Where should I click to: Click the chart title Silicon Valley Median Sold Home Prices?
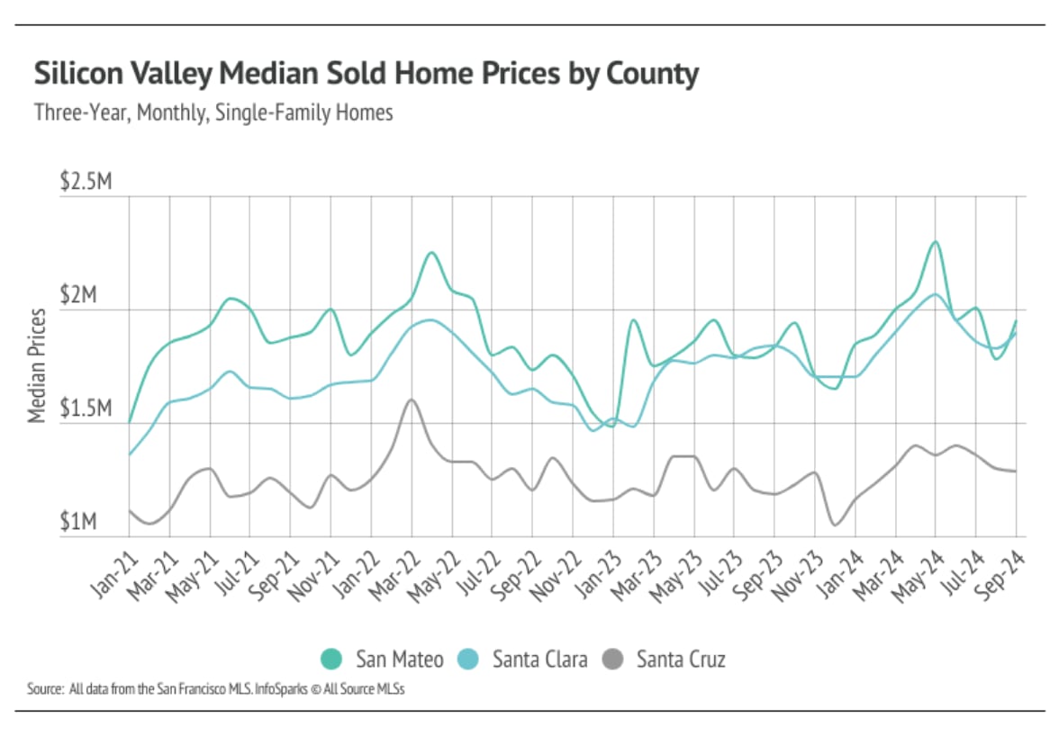click(366, 75)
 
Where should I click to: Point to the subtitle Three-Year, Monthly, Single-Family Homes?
click(213, 114)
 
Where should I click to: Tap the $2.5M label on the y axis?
click(86, 183)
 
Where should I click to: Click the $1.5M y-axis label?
click(86, 411)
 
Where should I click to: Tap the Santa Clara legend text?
click(539, 660)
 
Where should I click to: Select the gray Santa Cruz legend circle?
click(613, 660)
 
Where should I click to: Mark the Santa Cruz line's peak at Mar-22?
click(412, 399)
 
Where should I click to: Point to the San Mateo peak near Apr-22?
click(431, 253)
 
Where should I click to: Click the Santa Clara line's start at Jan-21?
click(129, 455)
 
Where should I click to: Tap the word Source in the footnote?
click(43, 690)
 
